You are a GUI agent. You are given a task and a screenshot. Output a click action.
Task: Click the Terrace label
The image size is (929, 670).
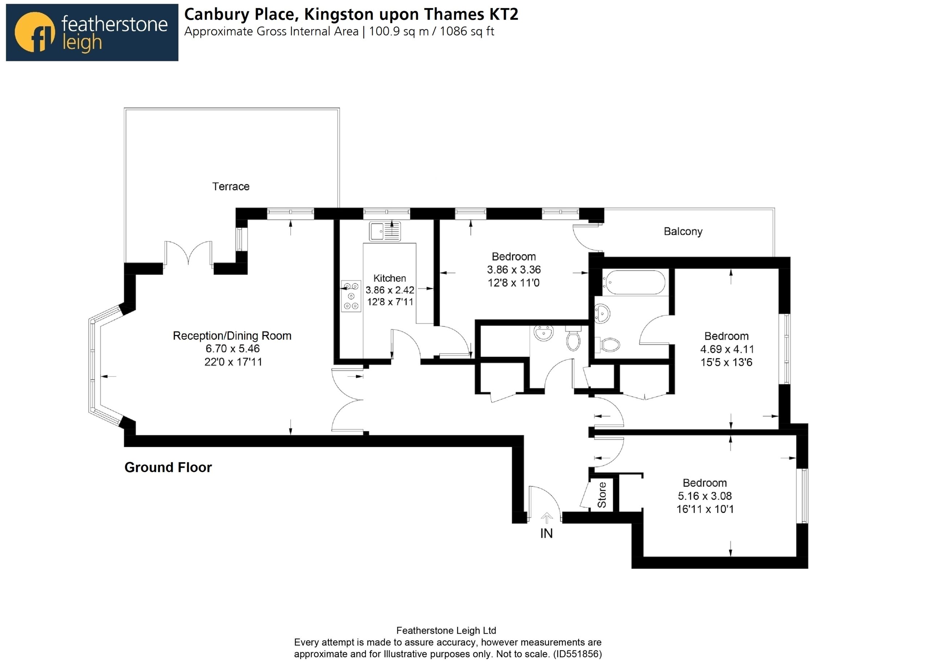[230, 187]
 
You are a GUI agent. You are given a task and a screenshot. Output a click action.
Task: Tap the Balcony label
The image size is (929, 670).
[683, 232]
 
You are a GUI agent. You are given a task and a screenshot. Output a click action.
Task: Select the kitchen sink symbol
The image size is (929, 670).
[385, 231]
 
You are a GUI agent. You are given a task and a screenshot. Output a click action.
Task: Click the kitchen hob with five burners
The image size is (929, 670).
[351, 296]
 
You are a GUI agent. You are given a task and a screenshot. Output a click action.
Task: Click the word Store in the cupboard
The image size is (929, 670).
[602, 495]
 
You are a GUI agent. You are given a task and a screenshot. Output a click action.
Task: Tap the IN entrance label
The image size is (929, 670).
[547, 533]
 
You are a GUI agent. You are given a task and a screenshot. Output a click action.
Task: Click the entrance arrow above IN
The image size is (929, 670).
[547, 518]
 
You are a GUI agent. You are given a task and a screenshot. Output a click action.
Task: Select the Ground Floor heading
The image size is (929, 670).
[168, 467]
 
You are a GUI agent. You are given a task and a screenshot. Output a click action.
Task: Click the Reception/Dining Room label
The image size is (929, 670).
[232, 336]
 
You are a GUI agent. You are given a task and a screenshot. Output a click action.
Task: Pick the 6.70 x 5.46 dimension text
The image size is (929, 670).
[232, 349]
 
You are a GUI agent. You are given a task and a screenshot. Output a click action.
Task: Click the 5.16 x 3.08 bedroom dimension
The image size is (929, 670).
[704, 496]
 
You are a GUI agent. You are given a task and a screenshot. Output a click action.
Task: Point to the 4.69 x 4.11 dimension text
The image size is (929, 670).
[727, 349]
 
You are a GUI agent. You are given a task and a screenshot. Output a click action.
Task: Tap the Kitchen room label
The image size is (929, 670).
[389, 278]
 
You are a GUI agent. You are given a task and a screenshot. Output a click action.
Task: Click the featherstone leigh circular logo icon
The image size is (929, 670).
[34, 32]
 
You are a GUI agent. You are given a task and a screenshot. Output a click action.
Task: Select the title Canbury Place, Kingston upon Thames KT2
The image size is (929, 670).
[351, 15]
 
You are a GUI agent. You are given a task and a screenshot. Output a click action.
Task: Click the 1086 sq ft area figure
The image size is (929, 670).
[467, 32]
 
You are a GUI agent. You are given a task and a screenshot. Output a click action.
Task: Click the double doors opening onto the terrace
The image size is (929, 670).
[188, 254]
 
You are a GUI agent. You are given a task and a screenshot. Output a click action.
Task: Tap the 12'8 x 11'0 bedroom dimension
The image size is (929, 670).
[513, 283]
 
